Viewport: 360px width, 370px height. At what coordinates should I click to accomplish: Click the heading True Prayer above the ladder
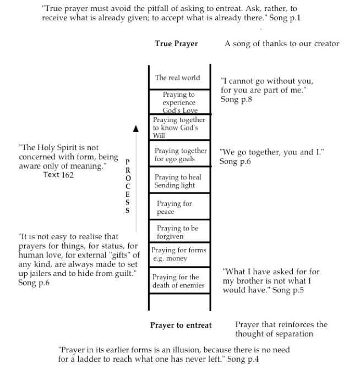pos(176,44)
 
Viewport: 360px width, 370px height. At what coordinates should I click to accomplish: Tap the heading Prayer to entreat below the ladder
pos(181,325)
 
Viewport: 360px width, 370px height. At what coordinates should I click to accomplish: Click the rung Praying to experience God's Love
pos(179,102)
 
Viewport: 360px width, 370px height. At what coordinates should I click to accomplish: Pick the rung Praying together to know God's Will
pos(179,128)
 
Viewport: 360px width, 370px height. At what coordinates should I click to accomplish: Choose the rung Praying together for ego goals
pos(180,155)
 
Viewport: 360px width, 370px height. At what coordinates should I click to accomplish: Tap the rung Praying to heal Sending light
pos(178,181)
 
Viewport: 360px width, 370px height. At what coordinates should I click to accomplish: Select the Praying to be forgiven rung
pos(177,233)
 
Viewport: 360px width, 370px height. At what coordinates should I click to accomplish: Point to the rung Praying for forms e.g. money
pos(178,255)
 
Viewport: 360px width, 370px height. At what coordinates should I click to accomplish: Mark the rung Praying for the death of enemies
pos(178,281)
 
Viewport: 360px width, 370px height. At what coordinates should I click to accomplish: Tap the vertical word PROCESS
pos(128,186)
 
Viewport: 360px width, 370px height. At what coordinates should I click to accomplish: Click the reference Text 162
pos(58,175)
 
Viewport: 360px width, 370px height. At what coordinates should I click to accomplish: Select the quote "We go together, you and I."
pos(271,152)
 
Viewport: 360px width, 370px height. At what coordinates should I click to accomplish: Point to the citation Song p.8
pos(236,100)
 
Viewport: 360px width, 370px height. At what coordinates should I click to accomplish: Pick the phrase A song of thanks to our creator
pos(282,44)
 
